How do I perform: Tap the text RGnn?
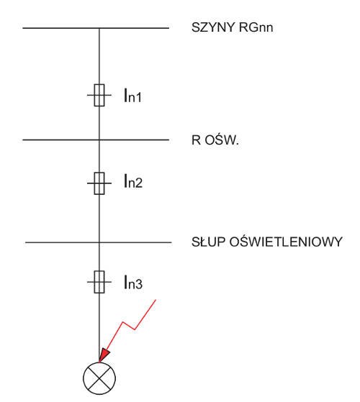[256, 27]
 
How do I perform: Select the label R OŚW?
[215, 140]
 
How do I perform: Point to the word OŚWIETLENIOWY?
[286, 241]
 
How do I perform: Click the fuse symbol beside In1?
[99, 95]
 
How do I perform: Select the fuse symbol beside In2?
[99, 183]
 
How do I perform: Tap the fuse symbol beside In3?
[99, 282]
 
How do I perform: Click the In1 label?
[132, 96]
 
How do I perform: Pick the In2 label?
[133, 181]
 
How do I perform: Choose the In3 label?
[133, 282]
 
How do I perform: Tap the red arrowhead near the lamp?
[104, 355]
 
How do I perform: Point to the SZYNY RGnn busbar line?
[96, 28]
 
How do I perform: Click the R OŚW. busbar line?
[96, 140]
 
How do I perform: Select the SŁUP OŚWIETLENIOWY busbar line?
[98, 242]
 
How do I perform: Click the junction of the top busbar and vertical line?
[99, 28]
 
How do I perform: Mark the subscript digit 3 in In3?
[138, 285]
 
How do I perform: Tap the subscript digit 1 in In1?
[138, 98]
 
